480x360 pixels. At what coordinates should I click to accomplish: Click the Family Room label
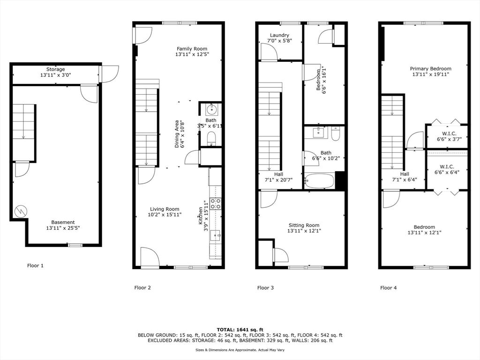pyautogui.click(x=192, y=49)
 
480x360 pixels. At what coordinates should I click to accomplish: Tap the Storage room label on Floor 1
pyautogui.click(x=55, y=69)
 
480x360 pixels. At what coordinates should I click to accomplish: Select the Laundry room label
pyautogui.click(x=279, y=35)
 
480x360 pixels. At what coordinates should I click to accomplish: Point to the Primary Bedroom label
pyautogui.click(x=430, y=69)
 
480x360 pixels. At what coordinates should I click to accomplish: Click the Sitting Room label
pyautogui.click(x=304, y=225)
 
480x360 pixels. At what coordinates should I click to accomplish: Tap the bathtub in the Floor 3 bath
pyautogui.click(x=319, y=181)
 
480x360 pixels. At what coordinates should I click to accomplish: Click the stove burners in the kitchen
pyautogui.click(x=215, y=203)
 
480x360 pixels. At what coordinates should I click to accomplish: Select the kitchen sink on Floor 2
pyautogui.click(x=215, y=235)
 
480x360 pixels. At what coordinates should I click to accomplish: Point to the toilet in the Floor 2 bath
pyautogui.click(x=211, y=138)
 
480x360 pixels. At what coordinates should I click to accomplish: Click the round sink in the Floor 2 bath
pyautogui.click(x=211, y=109)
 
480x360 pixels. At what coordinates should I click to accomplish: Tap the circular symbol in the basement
pyautogui.click(x=21, y=210)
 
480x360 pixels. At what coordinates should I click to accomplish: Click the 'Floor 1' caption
pyautogui.click(x=35, y=266)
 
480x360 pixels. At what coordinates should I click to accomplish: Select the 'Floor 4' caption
pyautogui.click(x=388, y=288)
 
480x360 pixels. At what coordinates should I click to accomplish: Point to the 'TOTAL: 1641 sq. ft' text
pyautogui.click(x=240, y=330)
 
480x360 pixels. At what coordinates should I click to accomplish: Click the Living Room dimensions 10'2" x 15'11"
pyautogui.click(x=165, y=215)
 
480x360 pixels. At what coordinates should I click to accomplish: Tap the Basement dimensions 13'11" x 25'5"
pyautogui.click(x=63, y=228)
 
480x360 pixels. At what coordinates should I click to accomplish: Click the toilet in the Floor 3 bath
pyautogui.click(x=336, y=134)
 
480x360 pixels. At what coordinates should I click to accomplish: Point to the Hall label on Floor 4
pyautogui.click(x=405, y=174)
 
